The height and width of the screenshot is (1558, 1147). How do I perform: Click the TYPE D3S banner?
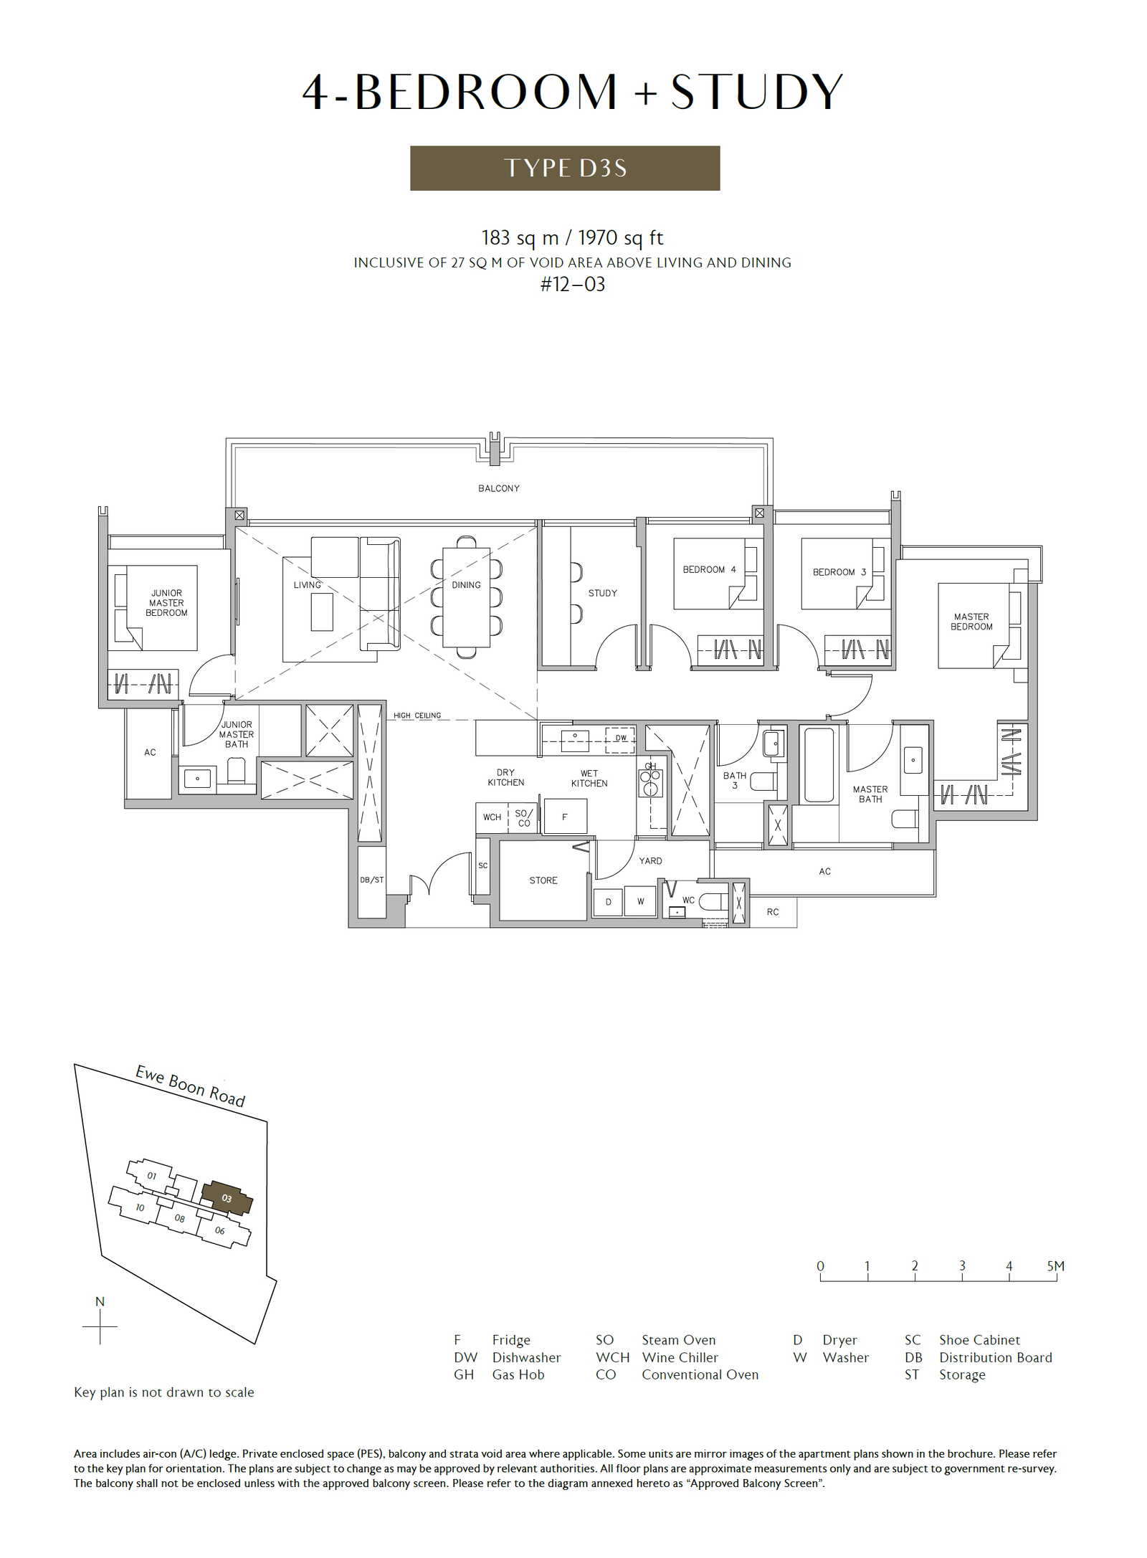[x=565, y=168]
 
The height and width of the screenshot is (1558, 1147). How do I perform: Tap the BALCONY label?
[x=499, y=488]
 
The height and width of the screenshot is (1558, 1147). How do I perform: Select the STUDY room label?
[x=602, y=593]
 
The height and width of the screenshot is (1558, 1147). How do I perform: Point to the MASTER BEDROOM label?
[x=971, y=622]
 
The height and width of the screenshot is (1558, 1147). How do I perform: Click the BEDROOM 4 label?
[x=709, y=569]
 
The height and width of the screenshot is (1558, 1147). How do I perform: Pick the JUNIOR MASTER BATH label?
[x=237, y=734]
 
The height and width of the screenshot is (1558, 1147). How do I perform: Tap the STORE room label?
[x=543, y=880]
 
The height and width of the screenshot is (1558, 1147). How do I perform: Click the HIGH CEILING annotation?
[x=417, y=716]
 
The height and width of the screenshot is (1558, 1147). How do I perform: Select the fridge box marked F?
[x=566, y=817]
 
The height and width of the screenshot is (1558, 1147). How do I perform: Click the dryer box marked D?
[x=609, y=902]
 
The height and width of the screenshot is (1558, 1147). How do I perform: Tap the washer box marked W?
[x=640, y=901]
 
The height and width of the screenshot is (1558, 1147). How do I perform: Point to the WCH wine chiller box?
[x=492, y=817]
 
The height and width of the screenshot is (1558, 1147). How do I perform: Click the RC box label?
[x=773, y=912]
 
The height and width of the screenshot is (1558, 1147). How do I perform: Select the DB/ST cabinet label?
[x=372, y=880]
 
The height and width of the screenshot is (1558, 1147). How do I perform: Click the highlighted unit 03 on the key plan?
[x=227, y=1198]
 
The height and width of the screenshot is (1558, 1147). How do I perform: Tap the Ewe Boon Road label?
[x=191, y=1086]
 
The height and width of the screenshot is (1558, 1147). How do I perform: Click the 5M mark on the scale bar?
[x=1055, y=1266]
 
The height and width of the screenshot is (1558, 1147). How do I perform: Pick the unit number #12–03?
[x=573, y=285]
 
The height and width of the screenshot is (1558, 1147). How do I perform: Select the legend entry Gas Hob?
[x=518, y=1374]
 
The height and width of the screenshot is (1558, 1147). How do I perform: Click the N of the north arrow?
[x=100, y=1301]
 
